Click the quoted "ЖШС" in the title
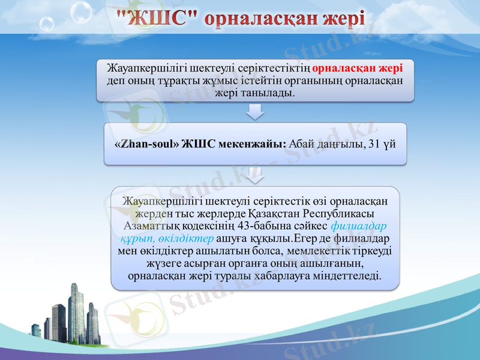coord(157,18)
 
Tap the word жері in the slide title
coord(344,19)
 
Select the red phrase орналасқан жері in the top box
coord(358,68)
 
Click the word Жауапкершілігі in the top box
coord(140,68)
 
